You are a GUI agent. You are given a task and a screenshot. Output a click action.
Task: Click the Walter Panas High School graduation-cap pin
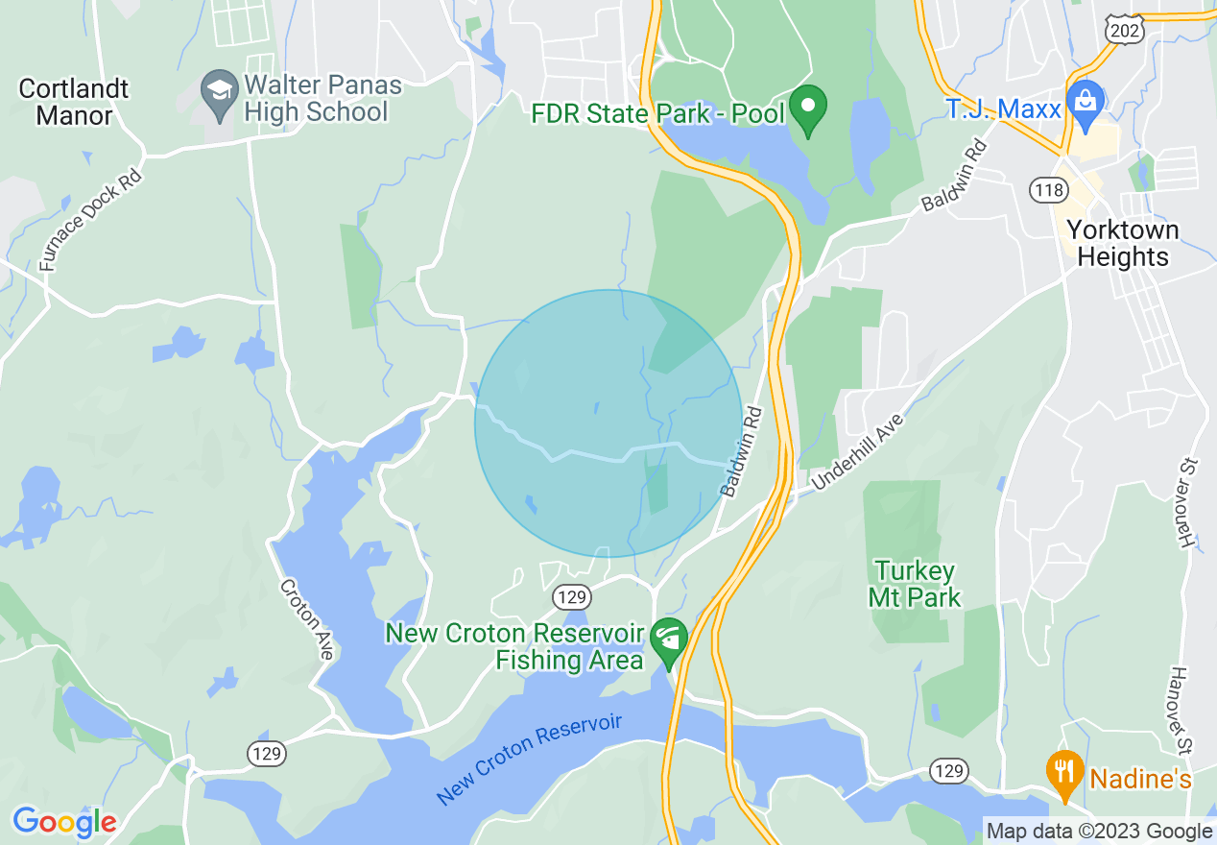point(220,93)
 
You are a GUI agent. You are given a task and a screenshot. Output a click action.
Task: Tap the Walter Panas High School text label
point(317,98)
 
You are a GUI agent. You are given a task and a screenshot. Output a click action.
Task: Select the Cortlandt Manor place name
point(73,103)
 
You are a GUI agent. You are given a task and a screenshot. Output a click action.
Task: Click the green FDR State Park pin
point(808,109)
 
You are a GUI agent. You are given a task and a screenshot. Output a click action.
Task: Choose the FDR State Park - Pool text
point(658,114)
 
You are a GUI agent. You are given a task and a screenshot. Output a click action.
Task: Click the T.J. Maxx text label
point(1003,109)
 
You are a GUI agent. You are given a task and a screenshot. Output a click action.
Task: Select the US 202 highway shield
point(1122,29)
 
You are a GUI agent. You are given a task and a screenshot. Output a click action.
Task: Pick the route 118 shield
point(1049,190)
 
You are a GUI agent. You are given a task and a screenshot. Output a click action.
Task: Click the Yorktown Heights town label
point(1123,244)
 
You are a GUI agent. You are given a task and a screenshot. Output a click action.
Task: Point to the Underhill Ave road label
point(857,452)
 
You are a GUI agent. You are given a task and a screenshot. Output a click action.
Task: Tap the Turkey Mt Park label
point(915,585)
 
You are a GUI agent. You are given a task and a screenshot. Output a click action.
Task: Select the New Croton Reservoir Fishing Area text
point(513,647)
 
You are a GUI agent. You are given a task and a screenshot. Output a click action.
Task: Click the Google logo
point(64,822)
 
